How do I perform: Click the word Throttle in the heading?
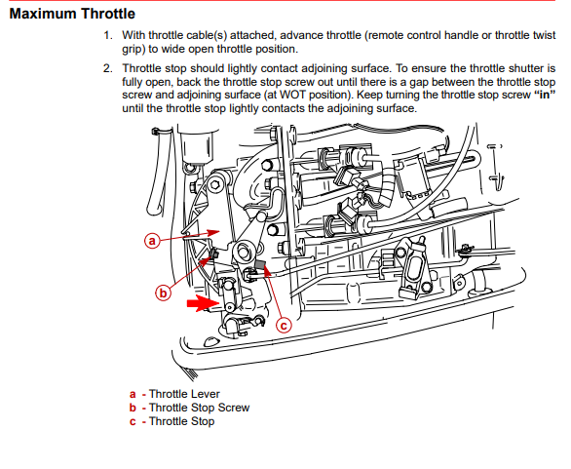(108, 14)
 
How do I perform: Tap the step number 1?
(108, 35)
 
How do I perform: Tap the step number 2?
(108, 68)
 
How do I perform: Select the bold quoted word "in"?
(545, 95)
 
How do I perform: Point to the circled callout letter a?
(152, 241)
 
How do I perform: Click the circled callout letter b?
(163, 293)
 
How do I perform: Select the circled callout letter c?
(284, 325)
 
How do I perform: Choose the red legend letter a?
(133, 394)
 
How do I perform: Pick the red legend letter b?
(133, 408)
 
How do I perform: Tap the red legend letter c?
(133, 422)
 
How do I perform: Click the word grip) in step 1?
(133, 49)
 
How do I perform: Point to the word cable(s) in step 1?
(207, 35)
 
